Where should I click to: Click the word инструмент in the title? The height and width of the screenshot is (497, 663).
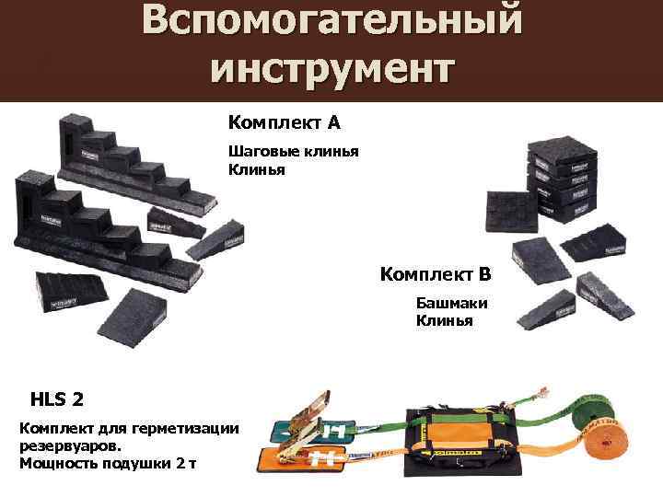pos(331,68)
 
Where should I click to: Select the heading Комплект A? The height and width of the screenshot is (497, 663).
pos(285,121)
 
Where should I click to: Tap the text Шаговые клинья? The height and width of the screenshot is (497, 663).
pos(293,152)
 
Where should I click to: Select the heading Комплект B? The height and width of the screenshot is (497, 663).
pos(436,274)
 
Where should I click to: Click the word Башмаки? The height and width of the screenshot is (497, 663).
pos(451,303)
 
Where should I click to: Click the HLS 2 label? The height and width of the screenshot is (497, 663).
pos(57,399)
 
